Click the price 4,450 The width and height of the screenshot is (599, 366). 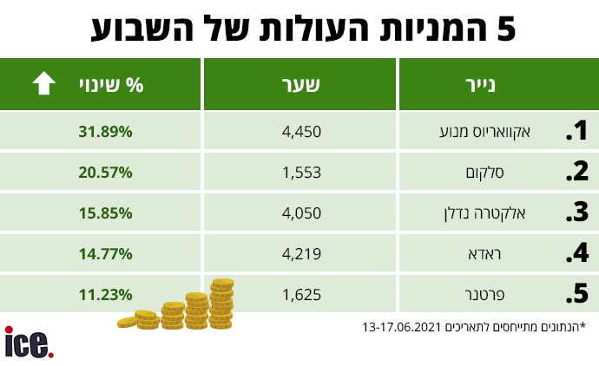[301, 133]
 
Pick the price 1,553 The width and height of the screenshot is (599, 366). [301, 173]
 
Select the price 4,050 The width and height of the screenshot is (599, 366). [301, 213]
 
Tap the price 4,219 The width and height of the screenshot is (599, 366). [301, 254]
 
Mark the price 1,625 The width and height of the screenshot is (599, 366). [301, 294]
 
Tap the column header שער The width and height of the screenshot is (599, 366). [301, 85]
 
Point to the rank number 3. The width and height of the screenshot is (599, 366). [576, 213]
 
